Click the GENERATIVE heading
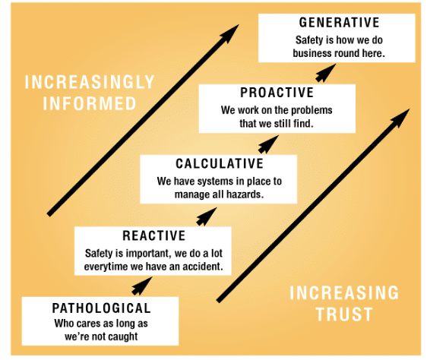pyautogui.click(x=339, y=22)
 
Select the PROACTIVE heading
pyautogui.click(x=277, y=93)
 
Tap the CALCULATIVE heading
pyautogui.click(x=220, y=163)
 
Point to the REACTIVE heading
pyautogui.click(x=154, y=236)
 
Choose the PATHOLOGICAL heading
pyautogui.click(x=101, y=308)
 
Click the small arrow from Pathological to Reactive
pyautogui.click(x=142, y=286)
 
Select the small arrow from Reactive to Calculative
pyautogui.click(x=207, y=216)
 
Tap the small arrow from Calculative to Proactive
pyautogui.click(x=268, y=144)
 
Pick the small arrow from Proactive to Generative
pyautogui.click(x=326, y=73)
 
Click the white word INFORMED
pyautogui.click(x=90, y=103)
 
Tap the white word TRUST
pyautogui.click(x=344, y=314)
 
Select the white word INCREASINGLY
pyautogui.click(x=90, y=82)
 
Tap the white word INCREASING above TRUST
pyautogui.click(x=344, y=293)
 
